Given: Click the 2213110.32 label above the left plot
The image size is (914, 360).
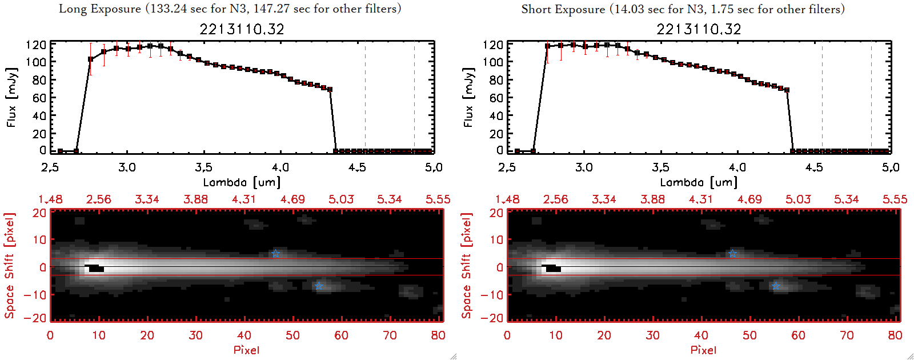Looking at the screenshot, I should point(242,29).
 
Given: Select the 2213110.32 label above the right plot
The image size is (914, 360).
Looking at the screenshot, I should point(699,29).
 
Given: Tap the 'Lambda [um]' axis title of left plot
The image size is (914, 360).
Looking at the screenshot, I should point(242,182).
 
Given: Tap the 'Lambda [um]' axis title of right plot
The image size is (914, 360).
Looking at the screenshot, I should point(699,182).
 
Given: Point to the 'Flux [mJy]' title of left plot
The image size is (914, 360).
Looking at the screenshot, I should point(12,97).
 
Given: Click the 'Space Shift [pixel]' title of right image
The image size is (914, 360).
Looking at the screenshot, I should point(467,265).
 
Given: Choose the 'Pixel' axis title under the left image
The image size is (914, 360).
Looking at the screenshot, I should point(246,350).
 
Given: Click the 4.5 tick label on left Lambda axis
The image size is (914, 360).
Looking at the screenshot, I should point(357,167).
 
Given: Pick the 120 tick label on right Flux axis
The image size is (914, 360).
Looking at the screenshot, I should point(492,45).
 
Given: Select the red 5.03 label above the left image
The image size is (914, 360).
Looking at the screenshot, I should point(341,199).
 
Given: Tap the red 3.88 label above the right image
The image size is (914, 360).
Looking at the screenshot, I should point(652,199).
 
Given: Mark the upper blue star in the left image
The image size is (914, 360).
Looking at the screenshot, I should point(276,253).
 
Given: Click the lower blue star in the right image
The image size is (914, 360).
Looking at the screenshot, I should point(776,286).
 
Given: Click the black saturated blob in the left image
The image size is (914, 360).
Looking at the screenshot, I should point(95,268).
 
